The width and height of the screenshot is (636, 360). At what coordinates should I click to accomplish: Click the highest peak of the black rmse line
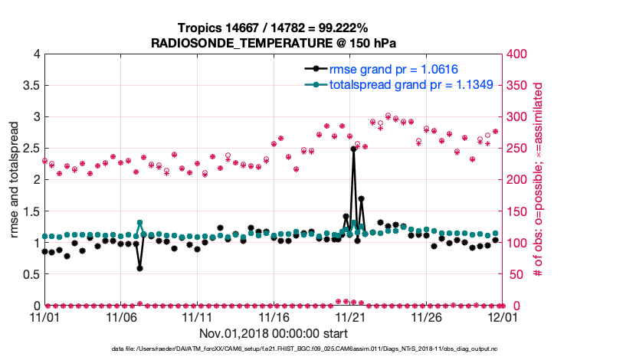353,149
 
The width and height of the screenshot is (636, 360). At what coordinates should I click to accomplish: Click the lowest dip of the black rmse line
139,268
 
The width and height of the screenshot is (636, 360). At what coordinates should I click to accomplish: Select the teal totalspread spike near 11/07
139,223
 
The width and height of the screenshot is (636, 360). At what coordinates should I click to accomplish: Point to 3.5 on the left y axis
31,86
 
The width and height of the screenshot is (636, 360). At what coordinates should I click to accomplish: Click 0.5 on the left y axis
31,274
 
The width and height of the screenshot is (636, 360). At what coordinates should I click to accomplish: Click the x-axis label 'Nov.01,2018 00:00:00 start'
274,333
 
